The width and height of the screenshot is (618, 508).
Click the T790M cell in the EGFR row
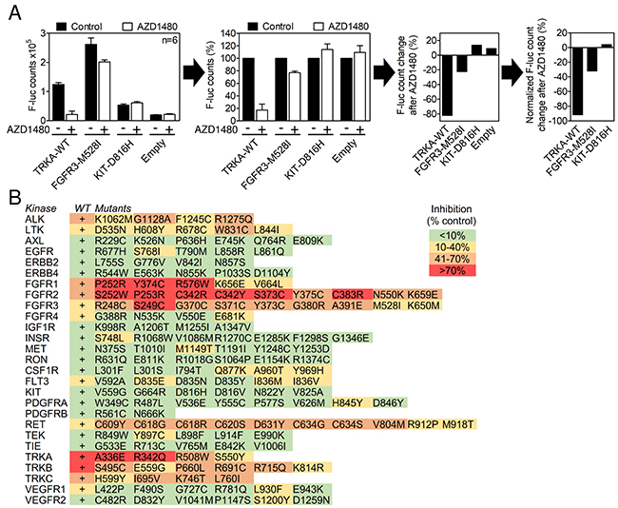click(194, 251)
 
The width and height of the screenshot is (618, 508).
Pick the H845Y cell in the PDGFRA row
click(351, 402)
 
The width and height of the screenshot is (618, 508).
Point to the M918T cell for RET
click(459, 424)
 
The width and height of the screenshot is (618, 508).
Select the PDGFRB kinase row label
click(46, 414)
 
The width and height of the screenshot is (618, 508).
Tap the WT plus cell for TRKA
click(82, 457)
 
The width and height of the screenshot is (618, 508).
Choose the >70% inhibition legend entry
click(452, 270)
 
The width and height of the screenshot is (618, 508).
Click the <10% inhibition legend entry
click(452, 236)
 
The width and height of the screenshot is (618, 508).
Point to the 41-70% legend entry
click(452, 259)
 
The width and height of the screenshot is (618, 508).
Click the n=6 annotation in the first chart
click(169, 40)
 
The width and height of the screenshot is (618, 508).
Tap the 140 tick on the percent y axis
click(228, 33)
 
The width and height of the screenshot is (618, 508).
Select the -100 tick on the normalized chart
click(560, 121)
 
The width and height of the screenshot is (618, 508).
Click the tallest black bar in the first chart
click(91, 82)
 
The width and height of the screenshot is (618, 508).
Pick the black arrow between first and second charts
click(194, 74)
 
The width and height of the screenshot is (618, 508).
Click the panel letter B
click(15, 197)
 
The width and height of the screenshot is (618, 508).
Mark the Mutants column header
click(114, 208)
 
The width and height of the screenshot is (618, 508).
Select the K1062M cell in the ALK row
click(113, 219)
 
